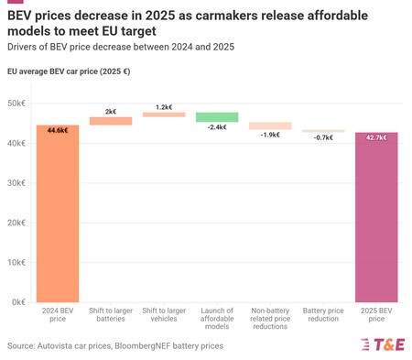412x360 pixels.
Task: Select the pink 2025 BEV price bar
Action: [376, 220]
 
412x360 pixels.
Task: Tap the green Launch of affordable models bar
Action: [217, 117]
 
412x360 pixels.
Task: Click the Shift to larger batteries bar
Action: [111, 121]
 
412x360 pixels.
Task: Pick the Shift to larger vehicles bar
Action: [164, 115]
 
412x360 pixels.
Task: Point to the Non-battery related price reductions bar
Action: [270, 125]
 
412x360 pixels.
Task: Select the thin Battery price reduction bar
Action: [323, 131]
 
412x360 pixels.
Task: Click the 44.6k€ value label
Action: [58, 131]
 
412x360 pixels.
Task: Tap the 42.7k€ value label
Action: [376, 137]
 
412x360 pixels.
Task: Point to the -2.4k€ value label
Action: [217, 127]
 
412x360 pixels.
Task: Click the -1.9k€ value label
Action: [270, 135]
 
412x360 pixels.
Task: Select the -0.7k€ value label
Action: [323, 137]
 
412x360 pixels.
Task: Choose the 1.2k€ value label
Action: [164, 107]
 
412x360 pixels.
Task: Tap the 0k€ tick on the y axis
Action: [18, 301]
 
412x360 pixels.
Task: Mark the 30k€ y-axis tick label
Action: [16, 183]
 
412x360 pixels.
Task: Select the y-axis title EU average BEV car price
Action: [69, 71]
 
